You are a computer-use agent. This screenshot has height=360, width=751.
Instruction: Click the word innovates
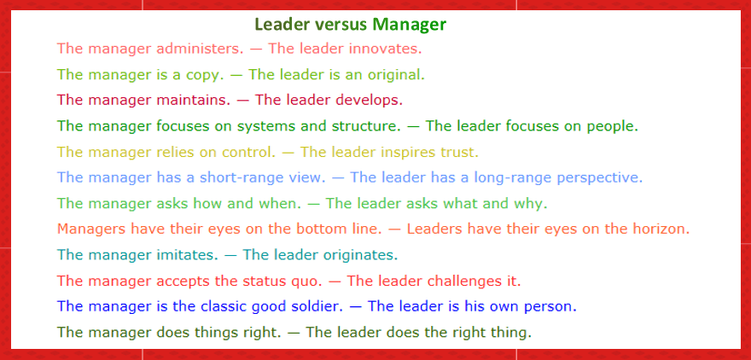coord(387,49)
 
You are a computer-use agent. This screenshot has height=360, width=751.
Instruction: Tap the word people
coord(612,126)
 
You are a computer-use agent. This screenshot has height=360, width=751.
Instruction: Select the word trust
coord(459,153)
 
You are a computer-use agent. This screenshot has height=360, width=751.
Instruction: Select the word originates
coord(359,255)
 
